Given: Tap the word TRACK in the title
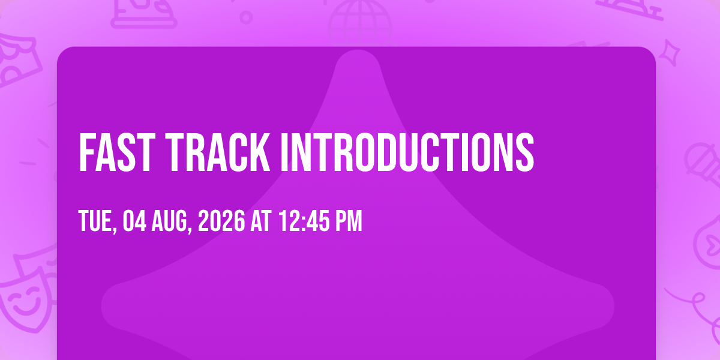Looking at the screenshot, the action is [218, 152].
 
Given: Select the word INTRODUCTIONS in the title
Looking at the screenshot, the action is [407, 152].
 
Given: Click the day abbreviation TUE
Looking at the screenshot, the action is [98, 221].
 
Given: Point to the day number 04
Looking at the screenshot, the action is [134, 221].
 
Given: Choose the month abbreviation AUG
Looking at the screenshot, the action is [172, 221].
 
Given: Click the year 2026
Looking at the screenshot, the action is [221, 221].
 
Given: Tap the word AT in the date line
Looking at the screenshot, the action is [261, 221].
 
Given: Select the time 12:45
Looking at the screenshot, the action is [304, 221].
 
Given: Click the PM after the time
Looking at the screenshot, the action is [349, 221].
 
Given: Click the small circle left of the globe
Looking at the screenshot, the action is [246, 17].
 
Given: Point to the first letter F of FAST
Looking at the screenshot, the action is [86, 152].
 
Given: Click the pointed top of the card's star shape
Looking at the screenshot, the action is [358, 50].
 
